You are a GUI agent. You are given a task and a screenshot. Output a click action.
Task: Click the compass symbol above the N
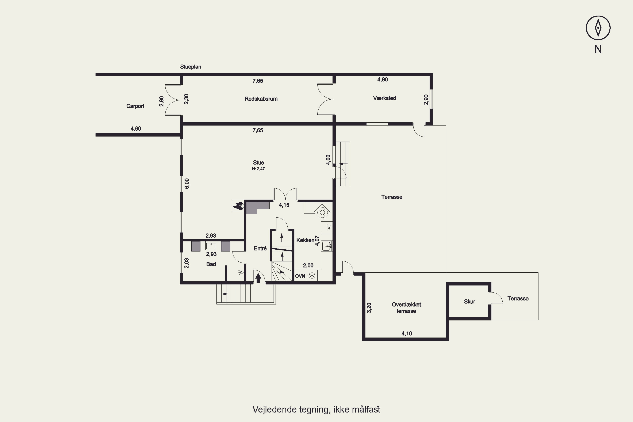pos(598,28)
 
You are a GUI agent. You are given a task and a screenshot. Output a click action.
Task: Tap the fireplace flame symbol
pos(238,206)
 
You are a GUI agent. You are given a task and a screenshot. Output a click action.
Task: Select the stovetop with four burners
pos(322,212)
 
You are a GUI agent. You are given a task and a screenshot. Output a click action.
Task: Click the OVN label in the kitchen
pos(300,276)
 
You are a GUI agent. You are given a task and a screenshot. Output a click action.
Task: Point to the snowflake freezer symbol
pos(312,276)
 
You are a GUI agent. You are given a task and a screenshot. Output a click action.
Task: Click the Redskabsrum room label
pos(261,99)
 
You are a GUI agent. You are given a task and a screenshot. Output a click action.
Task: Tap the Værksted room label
pos(384,98)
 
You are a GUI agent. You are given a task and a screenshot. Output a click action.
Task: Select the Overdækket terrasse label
pos(406,308)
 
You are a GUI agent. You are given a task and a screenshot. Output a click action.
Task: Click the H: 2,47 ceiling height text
pos(258,169)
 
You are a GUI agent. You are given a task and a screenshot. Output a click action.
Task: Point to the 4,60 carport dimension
pos(136,129)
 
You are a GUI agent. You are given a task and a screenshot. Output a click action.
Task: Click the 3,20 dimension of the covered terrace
pos(369,308)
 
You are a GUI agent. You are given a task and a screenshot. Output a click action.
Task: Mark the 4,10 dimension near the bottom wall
pos(407,333)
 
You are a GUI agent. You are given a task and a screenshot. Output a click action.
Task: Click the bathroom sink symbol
pos(211,246)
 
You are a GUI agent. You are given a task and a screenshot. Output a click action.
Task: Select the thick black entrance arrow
pos(258,278)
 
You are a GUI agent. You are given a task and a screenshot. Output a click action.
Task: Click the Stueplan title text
pos(191,67)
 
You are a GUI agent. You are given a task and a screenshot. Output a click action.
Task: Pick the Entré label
pos(260,248)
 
